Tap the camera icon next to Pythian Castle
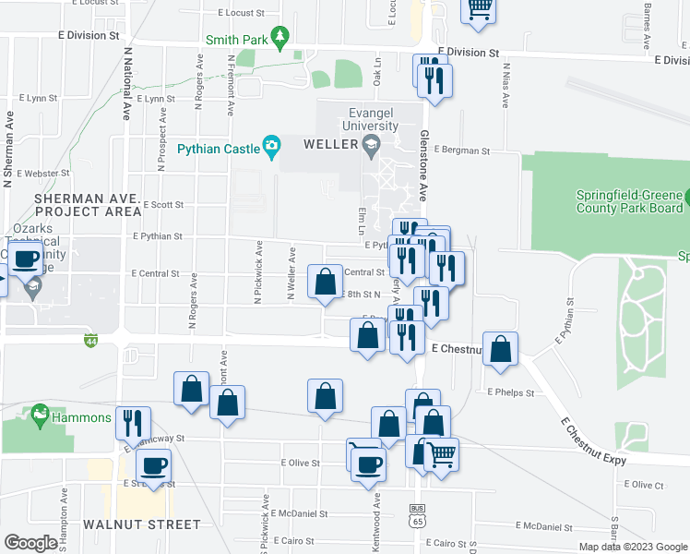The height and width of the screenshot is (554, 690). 270,146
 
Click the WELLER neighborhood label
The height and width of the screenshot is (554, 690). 331,146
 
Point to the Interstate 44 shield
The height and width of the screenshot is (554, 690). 90,341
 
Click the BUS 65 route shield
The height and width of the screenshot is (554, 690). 417,515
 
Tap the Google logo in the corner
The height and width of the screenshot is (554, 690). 30,543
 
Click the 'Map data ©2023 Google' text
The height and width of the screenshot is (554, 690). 633,547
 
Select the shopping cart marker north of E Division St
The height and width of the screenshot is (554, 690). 479,7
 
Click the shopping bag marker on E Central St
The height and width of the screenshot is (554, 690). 326,283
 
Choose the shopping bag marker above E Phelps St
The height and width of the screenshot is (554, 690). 500,350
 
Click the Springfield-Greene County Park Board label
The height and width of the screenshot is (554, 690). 630,202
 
